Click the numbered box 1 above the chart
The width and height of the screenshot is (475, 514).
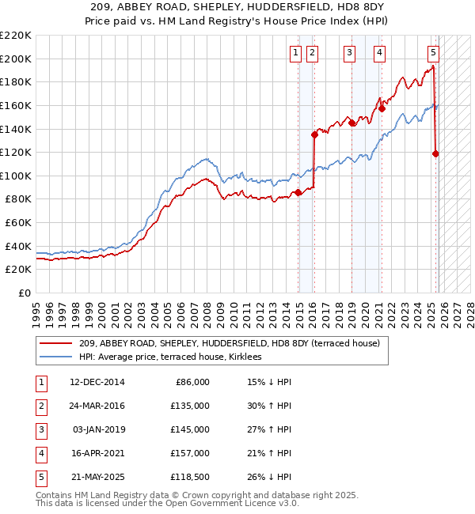click(295, 53)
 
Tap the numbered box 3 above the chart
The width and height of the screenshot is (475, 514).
click(349, 53)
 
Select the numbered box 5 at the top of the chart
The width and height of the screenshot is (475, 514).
click(433, 53)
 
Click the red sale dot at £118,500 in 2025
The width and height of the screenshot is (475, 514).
click(435, 154)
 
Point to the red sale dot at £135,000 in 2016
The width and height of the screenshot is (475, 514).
click(315, 134)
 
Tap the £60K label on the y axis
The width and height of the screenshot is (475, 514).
click(18, 222)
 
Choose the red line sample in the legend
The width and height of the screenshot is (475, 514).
click(56, 343)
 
